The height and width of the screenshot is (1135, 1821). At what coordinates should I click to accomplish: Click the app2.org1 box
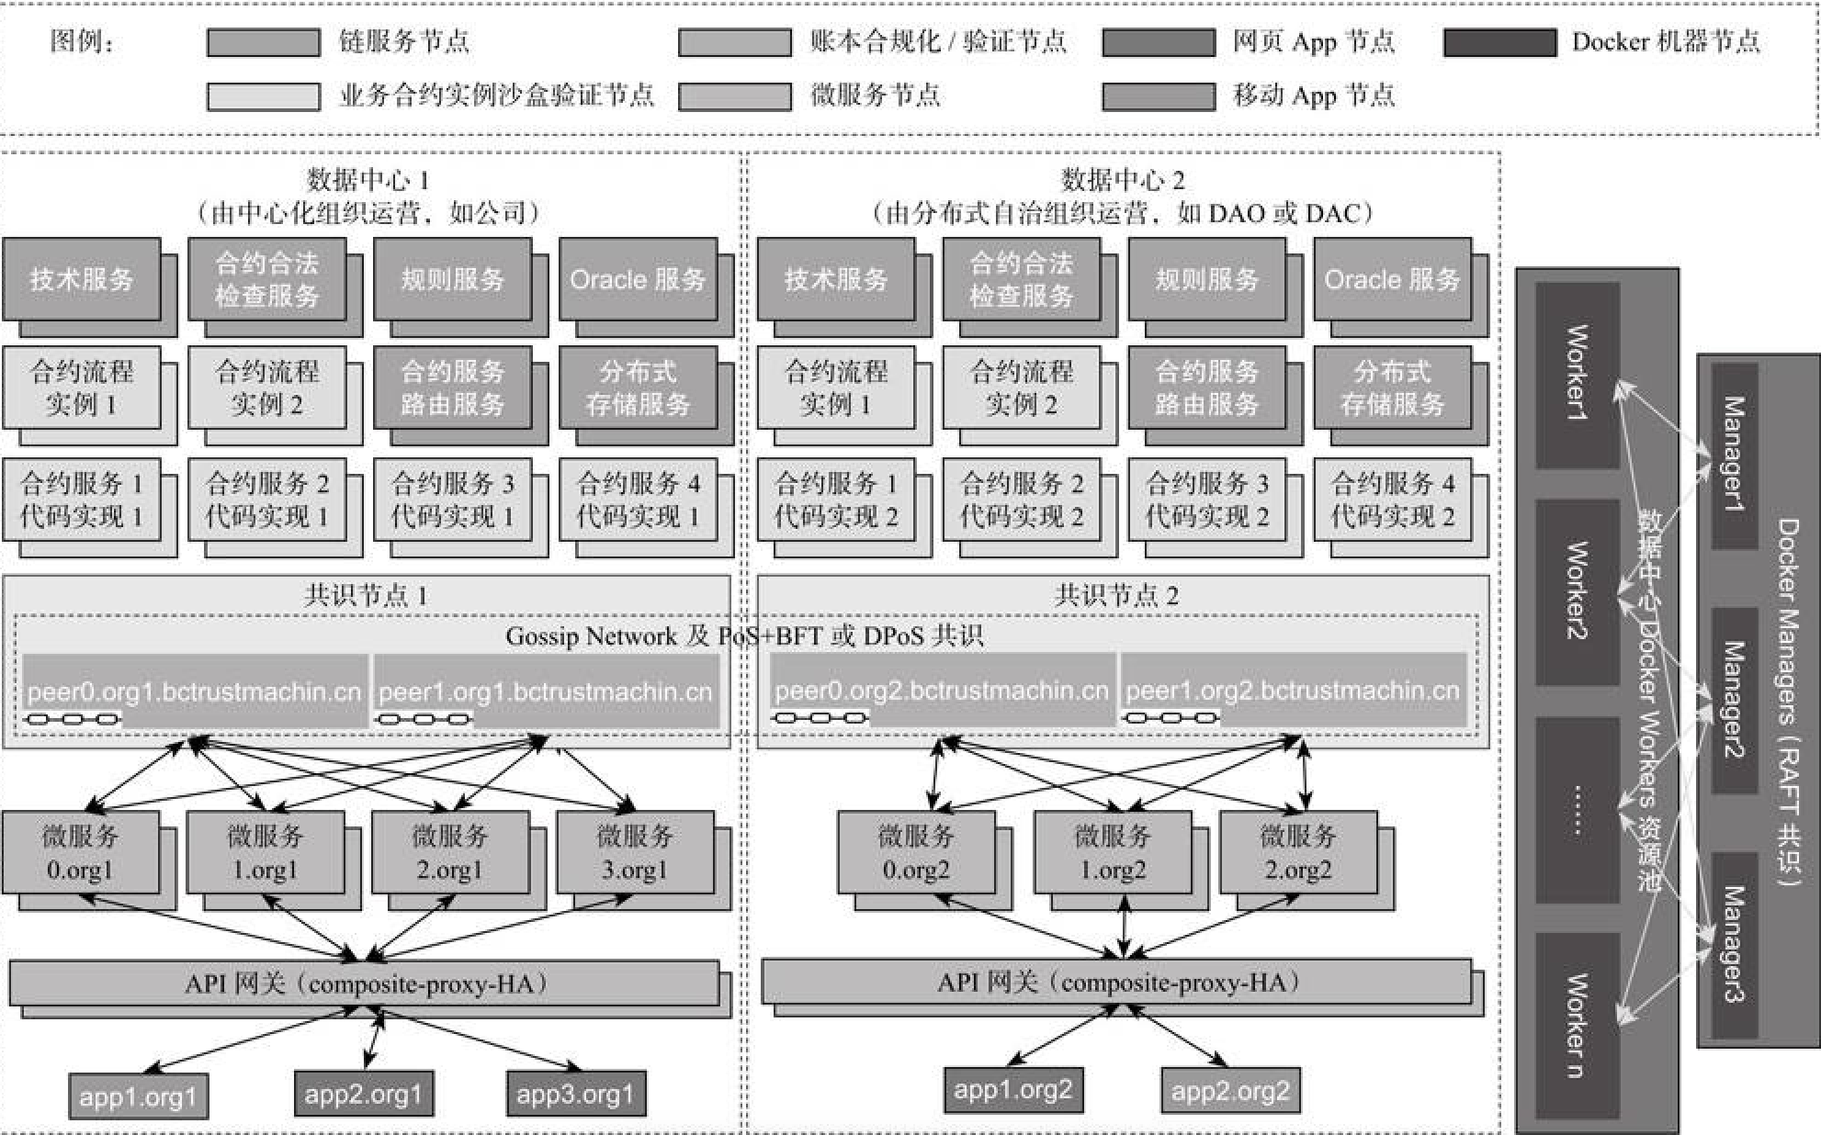(x=363, y=1094)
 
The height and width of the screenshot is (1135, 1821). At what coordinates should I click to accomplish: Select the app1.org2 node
(x=1012, y=1090)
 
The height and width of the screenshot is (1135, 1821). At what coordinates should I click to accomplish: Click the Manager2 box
(x=1733, y=700)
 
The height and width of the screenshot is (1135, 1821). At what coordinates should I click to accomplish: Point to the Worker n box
(x=1577, y=1024)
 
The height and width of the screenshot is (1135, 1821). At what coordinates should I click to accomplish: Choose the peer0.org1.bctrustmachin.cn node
(x=194, y=691)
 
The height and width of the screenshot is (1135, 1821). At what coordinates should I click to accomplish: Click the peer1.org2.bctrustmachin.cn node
(x=1292, y=690)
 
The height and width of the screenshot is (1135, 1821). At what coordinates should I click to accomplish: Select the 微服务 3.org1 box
(x=635, y=852)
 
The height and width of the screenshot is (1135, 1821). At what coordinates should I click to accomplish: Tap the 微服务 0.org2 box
(x=915, y=852)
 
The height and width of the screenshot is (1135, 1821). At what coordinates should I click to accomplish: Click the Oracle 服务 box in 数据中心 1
(x=637, y=279)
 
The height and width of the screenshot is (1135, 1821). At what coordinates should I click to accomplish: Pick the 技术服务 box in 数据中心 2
(x=835, y=279)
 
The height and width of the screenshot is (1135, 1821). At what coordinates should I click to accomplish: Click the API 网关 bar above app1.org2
(x=1115, y=983)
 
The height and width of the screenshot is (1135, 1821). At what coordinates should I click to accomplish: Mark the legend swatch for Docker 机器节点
(x=1499, y=42)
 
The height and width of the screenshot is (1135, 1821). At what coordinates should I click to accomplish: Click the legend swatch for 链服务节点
(x=263, y=42)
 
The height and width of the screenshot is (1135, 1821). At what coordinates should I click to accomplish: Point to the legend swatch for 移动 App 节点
(x=1158, y=96)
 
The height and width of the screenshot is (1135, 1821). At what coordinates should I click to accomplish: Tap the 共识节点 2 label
(x=1115, y=595)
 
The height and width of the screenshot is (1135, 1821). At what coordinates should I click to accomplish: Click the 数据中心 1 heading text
(x=368, y=179)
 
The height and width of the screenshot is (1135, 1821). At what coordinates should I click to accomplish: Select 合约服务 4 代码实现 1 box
(x=637, y=500)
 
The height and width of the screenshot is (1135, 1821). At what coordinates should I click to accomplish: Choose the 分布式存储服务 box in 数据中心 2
(x=1391, y=387)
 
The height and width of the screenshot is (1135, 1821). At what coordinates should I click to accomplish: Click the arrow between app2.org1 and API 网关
(x=374, y=1039)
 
